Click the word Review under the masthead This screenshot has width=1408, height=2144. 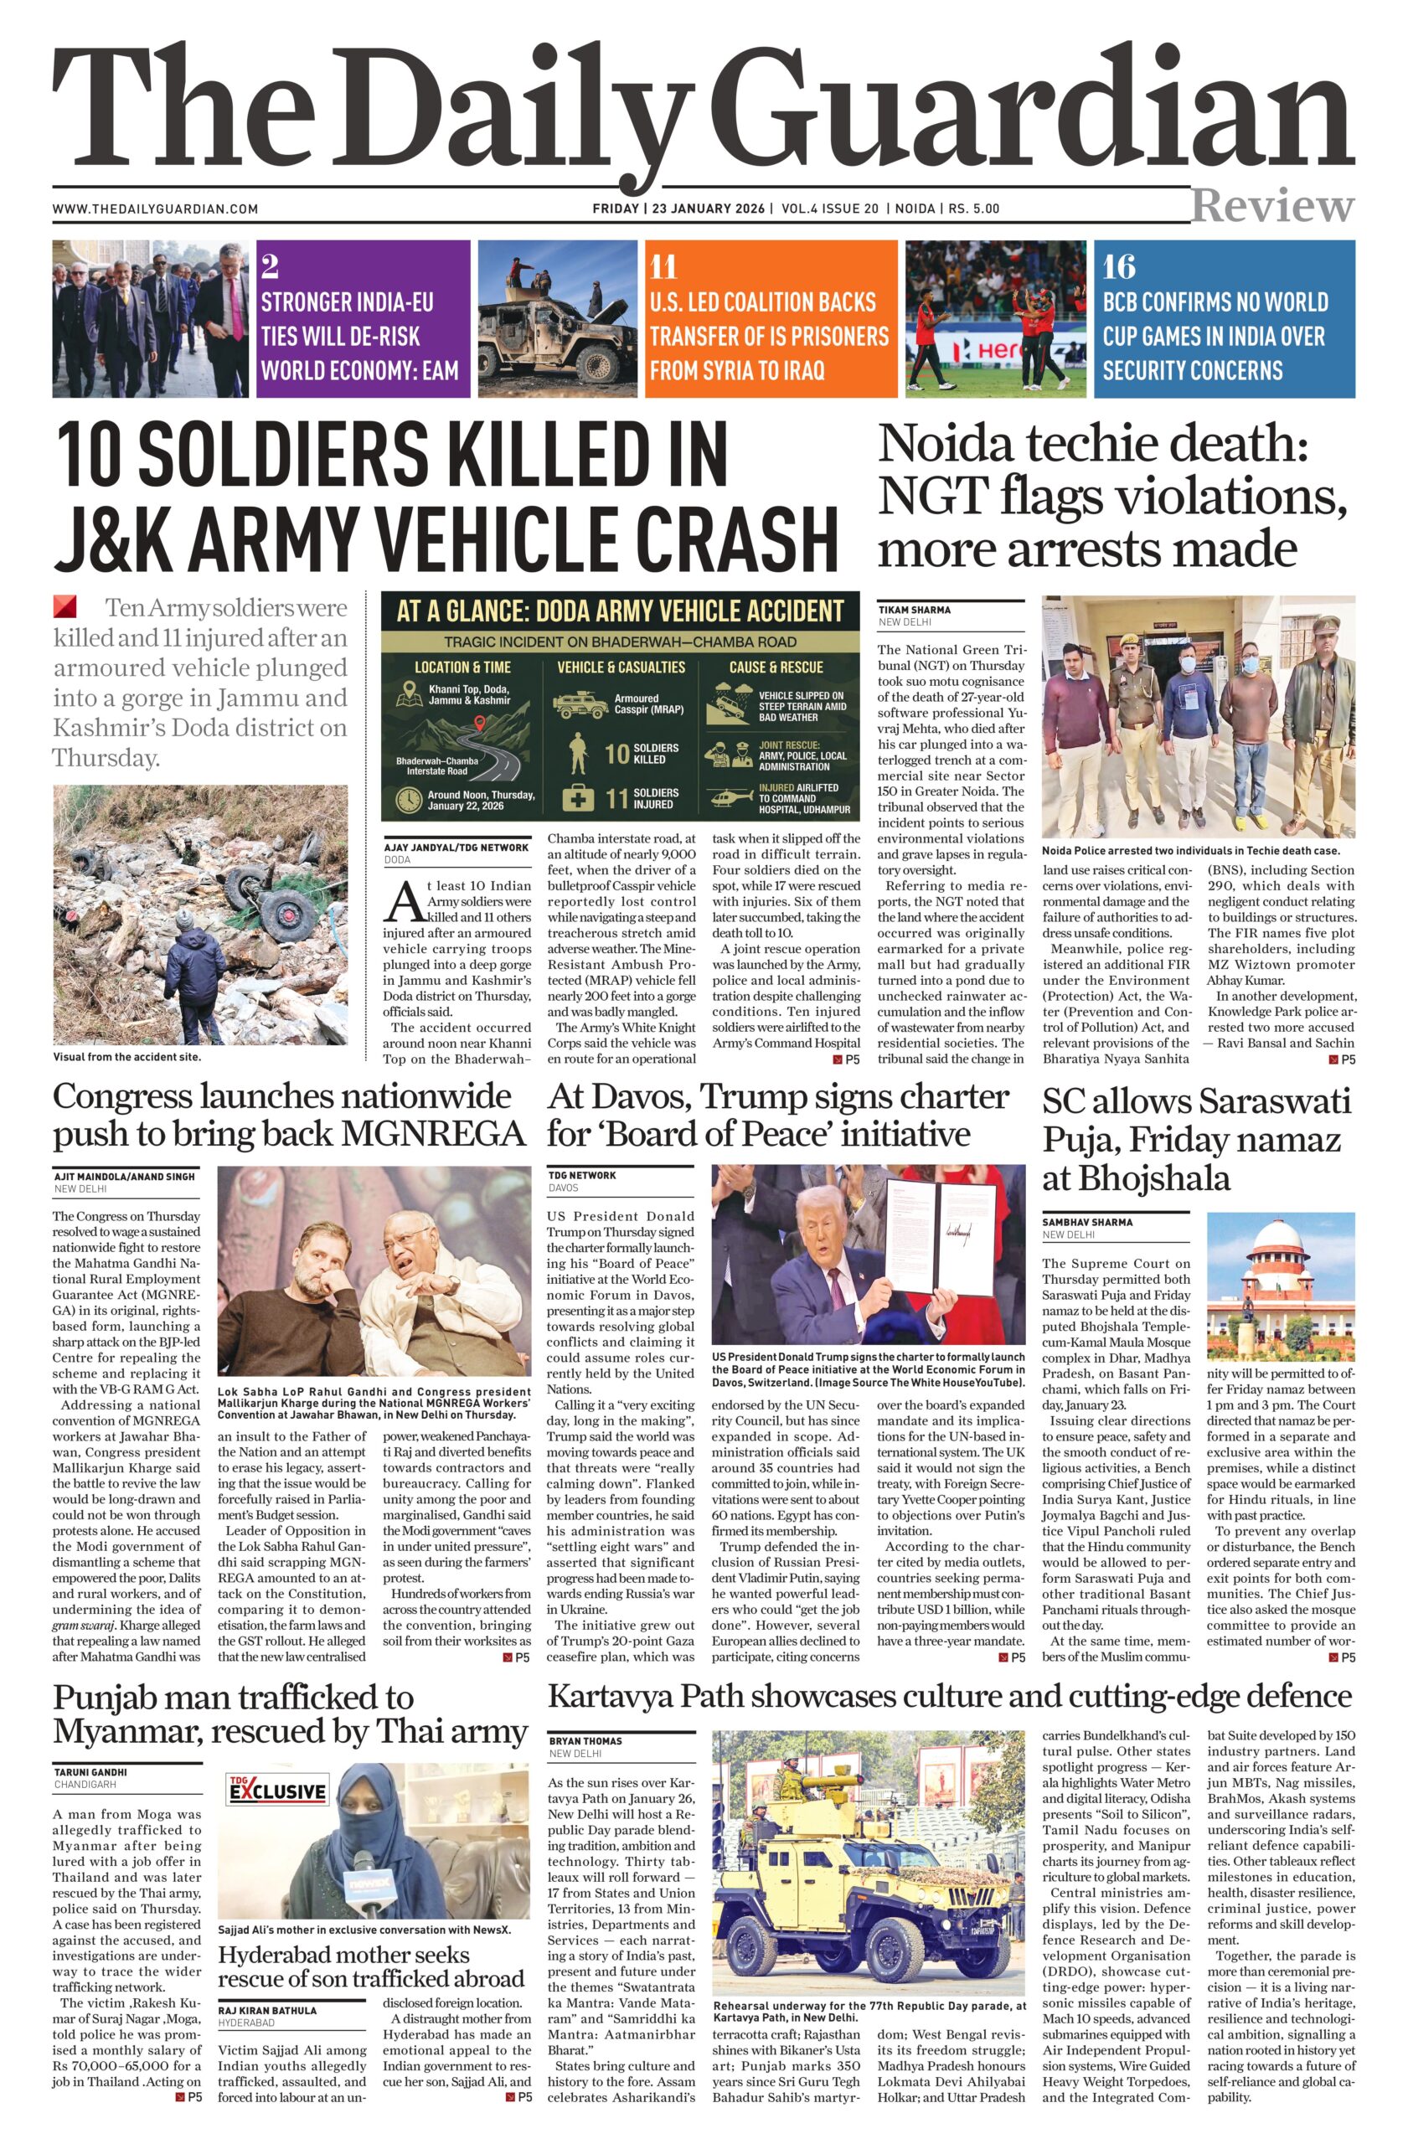coord(1272,206)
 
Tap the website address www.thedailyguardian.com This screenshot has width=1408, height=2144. coord(155,209)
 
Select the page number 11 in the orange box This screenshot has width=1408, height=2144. coord(663,266)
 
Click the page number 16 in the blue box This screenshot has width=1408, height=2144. coord(1119,266)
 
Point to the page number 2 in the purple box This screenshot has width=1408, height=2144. coord(270,266)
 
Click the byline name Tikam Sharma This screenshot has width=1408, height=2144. coord(915,610)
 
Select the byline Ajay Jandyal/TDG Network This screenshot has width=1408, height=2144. coord(456,848)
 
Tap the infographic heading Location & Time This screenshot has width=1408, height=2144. coord(462,667)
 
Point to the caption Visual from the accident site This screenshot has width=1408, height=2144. coord(127,1057)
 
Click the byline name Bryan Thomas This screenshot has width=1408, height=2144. coord(585,1741)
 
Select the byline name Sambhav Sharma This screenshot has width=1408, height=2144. coord(1086,1223)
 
